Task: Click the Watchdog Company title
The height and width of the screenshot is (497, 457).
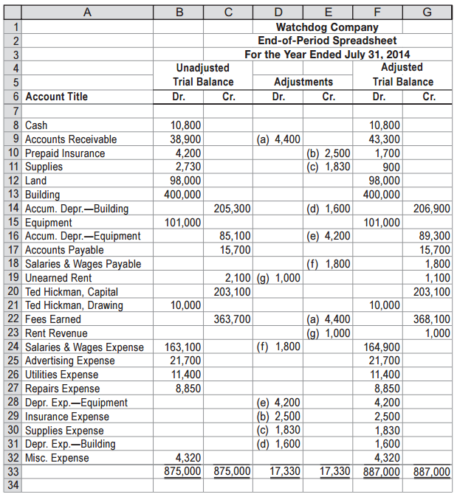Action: coord(326,27)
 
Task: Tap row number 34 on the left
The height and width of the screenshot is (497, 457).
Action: coord(11,485)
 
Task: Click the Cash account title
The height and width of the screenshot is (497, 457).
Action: coord(36,125)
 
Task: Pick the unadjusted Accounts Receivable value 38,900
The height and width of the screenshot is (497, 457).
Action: coord(185,139)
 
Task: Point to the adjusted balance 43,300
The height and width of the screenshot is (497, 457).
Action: coord(384,139)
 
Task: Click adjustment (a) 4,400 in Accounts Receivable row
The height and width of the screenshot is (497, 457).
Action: coord(278,139)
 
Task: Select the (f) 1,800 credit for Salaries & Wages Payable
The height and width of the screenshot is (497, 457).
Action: coord(328,264)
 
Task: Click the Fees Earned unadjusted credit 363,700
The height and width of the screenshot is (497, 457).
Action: coord(233,319)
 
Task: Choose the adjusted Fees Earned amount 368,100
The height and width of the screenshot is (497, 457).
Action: coord(433,319)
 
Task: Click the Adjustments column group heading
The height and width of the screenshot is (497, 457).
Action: coord(303,82)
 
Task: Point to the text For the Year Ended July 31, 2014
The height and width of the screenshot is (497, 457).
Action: coord(327,54)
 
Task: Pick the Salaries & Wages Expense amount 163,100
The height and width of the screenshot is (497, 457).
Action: coord(182,347)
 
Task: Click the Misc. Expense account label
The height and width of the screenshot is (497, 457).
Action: coord(57,458)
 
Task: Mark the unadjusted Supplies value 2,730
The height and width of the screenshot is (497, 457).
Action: coord(188,167)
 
